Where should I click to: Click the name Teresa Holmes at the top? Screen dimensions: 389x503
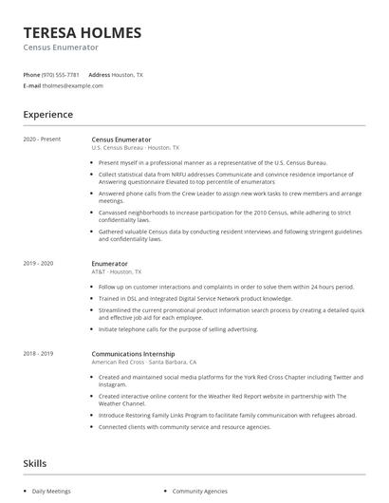[83, 32]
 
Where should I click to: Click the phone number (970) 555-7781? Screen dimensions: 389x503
[62, 74]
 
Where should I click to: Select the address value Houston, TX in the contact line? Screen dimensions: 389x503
[128, 74]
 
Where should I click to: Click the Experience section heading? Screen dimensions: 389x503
[48, 115]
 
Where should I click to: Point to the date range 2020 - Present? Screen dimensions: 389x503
[42, 140]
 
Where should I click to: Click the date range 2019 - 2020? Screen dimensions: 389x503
[39, 263]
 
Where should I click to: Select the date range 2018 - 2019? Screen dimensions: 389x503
[39, 354]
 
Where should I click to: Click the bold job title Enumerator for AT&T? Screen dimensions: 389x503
[109, 263]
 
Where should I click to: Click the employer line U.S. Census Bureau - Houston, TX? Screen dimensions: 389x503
[135, 148]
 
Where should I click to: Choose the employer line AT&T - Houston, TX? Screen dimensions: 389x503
[120, 271]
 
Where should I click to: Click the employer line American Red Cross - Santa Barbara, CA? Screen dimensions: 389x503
[144, 363]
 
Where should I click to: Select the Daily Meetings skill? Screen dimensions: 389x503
[52, 492]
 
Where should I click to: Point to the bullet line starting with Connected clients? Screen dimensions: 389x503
[185, 429]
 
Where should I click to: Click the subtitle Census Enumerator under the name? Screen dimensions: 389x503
[61, 47]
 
